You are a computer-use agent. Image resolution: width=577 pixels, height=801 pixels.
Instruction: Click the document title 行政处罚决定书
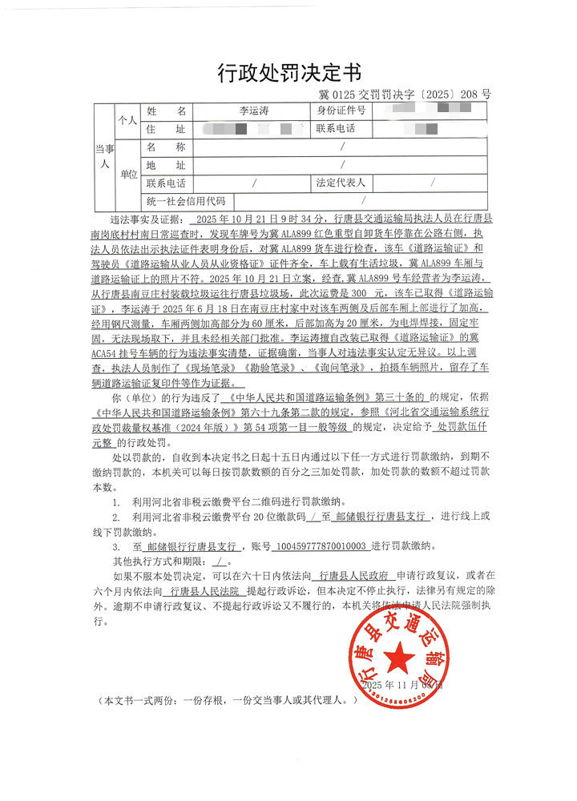(289, 74)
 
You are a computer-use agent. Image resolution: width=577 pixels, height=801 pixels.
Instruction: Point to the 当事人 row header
(102, 155)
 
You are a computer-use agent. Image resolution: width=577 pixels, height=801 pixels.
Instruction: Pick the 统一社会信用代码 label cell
(186, 201)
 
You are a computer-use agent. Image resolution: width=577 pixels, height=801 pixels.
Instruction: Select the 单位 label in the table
(128, 174)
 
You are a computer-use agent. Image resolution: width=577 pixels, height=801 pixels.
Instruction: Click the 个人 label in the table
(128, 120)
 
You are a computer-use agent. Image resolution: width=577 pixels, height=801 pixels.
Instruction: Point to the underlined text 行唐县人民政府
(353, 575)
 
